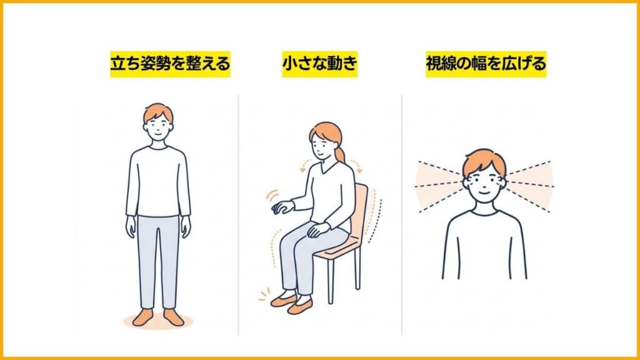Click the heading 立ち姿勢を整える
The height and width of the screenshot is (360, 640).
(170, 64)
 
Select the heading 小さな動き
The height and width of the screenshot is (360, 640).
(319, 64)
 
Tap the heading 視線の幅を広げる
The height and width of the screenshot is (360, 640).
(486, 64)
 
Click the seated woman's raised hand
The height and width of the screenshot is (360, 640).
(283, 207)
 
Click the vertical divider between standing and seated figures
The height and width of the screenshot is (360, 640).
(238, 212)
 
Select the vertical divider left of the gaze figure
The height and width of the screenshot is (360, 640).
(402, 212)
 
